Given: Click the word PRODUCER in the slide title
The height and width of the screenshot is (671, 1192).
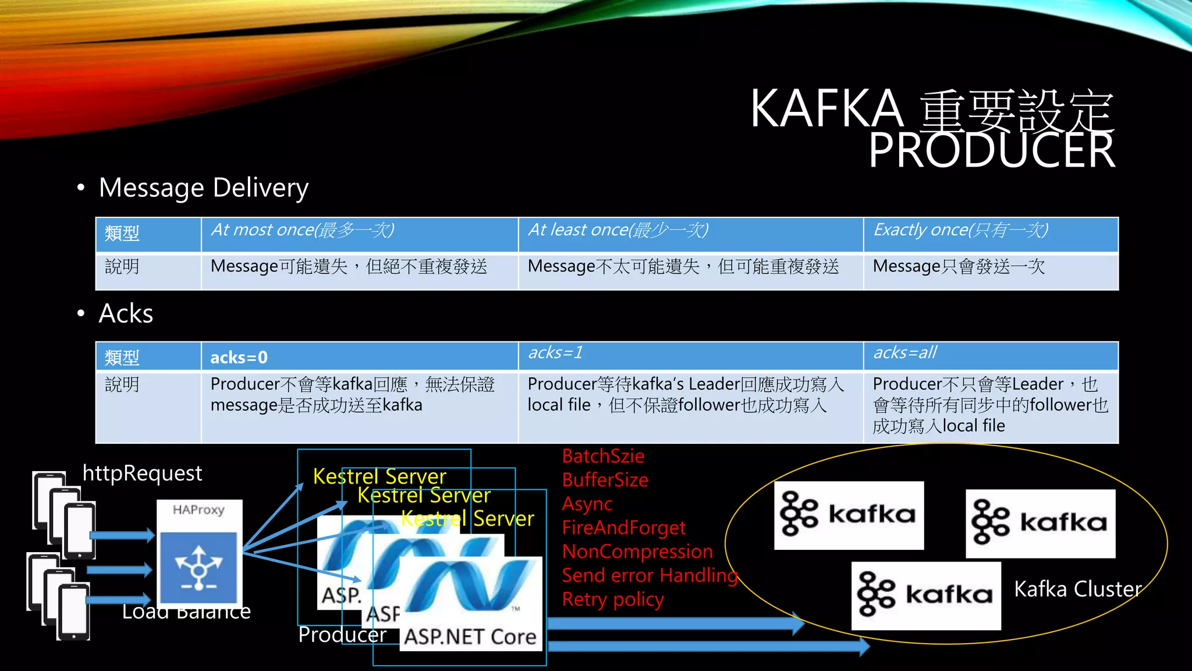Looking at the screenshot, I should click(x=991, y=150).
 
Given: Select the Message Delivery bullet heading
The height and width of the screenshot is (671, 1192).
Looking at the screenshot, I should click(x=203, y=188).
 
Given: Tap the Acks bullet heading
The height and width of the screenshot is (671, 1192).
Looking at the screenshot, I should click(x=126, y=313).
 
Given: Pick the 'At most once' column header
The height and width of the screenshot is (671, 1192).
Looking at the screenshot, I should click(x=302, y=230).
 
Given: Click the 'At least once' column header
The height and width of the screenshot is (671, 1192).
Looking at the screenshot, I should click(x=618, y=230).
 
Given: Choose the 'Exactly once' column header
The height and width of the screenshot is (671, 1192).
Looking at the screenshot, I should click(x=960, y=230).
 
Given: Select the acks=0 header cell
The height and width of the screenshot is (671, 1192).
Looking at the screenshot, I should click(x=239, y=357).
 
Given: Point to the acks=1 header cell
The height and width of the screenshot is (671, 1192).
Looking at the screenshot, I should click(x=555, y=352).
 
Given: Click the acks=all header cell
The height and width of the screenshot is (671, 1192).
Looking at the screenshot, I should click(x=904, y=352).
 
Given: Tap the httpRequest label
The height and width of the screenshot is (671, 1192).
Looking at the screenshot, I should click(x=142, y=473).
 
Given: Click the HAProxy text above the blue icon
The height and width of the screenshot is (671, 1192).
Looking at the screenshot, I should click(x=198, y=510).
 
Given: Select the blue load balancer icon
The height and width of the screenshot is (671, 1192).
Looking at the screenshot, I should click(x=198, y=567).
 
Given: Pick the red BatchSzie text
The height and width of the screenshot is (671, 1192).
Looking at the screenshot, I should click(x=603, y=456).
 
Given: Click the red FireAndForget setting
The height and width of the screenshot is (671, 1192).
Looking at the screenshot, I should click(x=623, y=528).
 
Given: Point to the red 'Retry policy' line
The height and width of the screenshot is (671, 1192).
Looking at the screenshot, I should click(x=612, y=599).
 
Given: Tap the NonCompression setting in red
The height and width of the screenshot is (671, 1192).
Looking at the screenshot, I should click(x=637, y=552).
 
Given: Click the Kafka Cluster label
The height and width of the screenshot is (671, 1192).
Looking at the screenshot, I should click(x=1077, y=589).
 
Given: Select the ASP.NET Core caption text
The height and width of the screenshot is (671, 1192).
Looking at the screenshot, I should click(x=470, y=637).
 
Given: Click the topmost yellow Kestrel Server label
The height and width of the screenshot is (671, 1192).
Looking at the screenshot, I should click(x=379, y=476).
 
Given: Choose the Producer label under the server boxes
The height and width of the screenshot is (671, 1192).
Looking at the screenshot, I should click(x=342, y=634).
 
